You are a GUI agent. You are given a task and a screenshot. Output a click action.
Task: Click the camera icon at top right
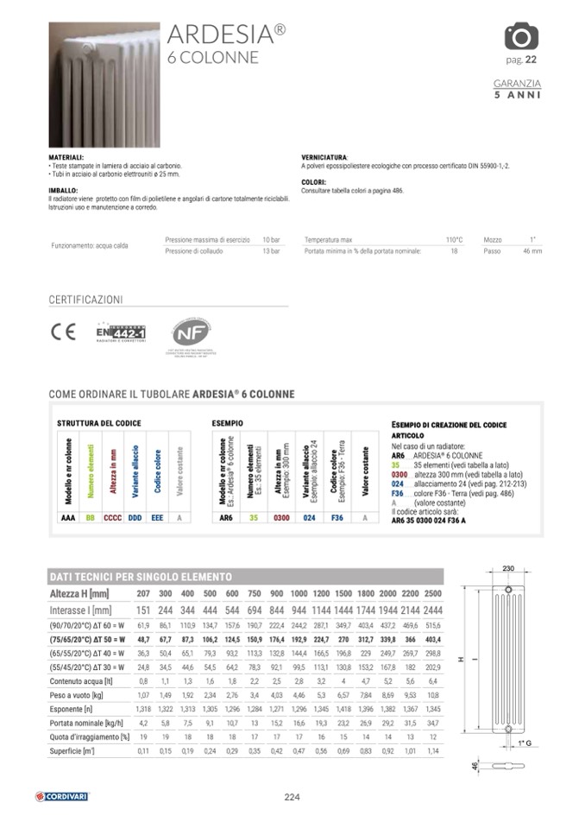click(x=520, y=36)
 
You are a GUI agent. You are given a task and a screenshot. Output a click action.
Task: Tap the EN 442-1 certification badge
click(x=120, y=332)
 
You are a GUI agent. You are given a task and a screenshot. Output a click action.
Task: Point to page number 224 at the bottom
click(x=292, y=797)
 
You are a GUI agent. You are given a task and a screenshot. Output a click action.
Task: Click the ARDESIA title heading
click(x=227, y=34)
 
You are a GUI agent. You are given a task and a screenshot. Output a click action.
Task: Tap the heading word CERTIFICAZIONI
click(x=86, y=300)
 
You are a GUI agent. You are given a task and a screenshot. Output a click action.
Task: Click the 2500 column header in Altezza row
click(x=433, y=594)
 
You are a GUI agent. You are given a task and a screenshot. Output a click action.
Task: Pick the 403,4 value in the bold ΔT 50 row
click(x=433, y=640)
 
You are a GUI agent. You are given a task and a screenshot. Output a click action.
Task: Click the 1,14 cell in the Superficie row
click(x=433, y=750)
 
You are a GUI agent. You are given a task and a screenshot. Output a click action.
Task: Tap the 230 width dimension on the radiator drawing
click(x=507, y=567)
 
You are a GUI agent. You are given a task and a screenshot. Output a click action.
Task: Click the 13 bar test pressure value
click(x=271, y=251)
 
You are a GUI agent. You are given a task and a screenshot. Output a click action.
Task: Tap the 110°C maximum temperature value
click(x=454, y=239)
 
